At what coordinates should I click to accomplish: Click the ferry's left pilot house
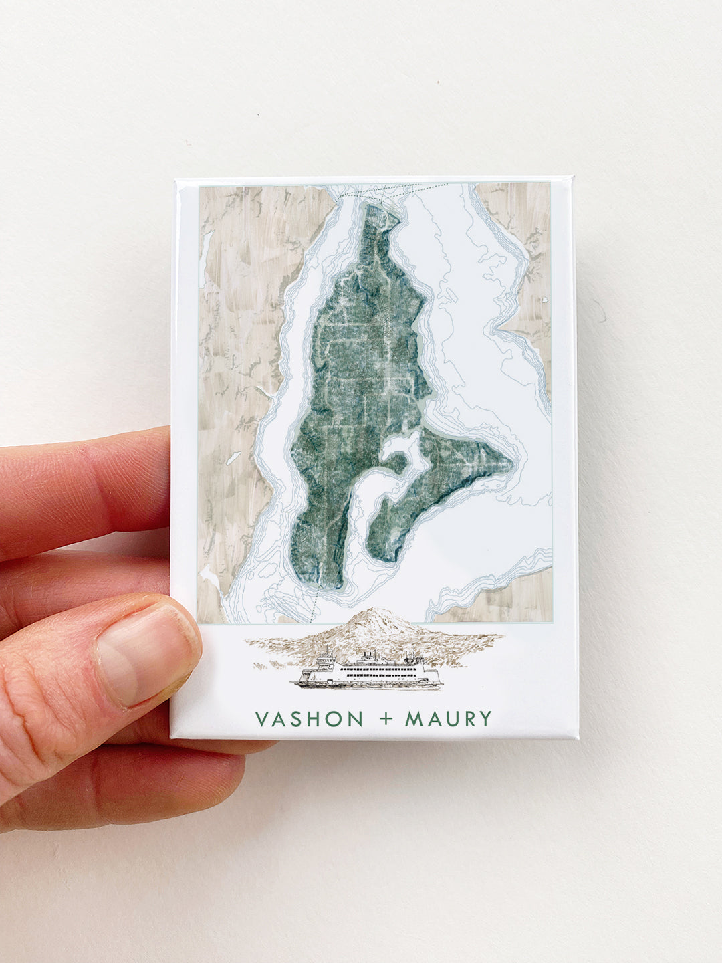click(x=327, y=659)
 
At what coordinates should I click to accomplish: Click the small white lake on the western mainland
click(x=233, y=459)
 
